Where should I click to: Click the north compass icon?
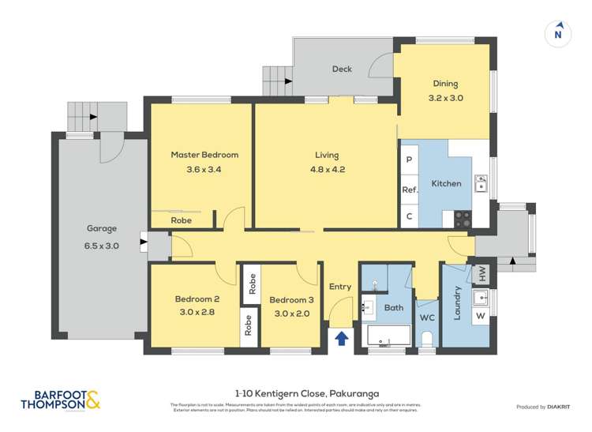click(x=558, y=33)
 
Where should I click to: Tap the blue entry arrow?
click(x=342, y=338)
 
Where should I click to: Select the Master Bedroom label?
click(x=204, y=155)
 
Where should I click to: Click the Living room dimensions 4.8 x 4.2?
click(x=325, y=168)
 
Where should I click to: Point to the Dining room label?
click(x=445, y=84)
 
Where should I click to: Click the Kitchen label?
click(x=446, y=183)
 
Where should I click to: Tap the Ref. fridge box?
click(x=410, y=190)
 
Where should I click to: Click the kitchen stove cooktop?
click(x=463, y=219)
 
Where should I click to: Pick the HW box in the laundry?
click(x=481, y=274)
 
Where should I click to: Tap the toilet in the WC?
click(x=427, y=338)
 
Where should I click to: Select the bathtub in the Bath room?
click(x=388, y=336)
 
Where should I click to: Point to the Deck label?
click(x=342, y=69)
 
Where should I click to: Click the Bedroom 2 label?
click(x=197, y=299)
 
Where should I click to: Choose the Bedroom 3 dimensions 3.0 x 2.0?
click(x=291, y=312)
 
